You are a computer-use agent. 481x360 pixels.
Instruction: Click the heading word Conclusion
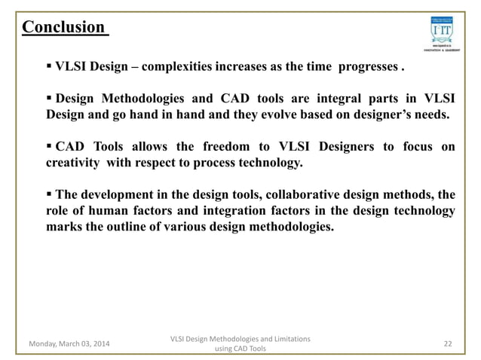point(63,28)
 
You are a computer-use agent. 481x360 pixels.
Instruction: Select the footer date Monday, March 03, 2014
point(67,344)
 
